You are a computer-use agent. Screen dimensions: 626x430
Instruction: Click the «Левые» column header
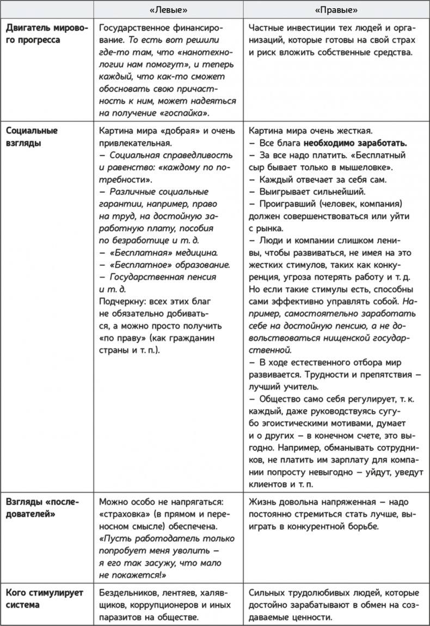[x=168, y=10]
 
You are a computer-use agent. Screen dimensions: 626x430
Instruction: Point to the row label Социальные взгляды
[x=31, y=137]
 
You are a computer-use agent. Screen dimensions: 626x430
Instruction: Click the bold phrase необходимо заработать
[x=355, y=143]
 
